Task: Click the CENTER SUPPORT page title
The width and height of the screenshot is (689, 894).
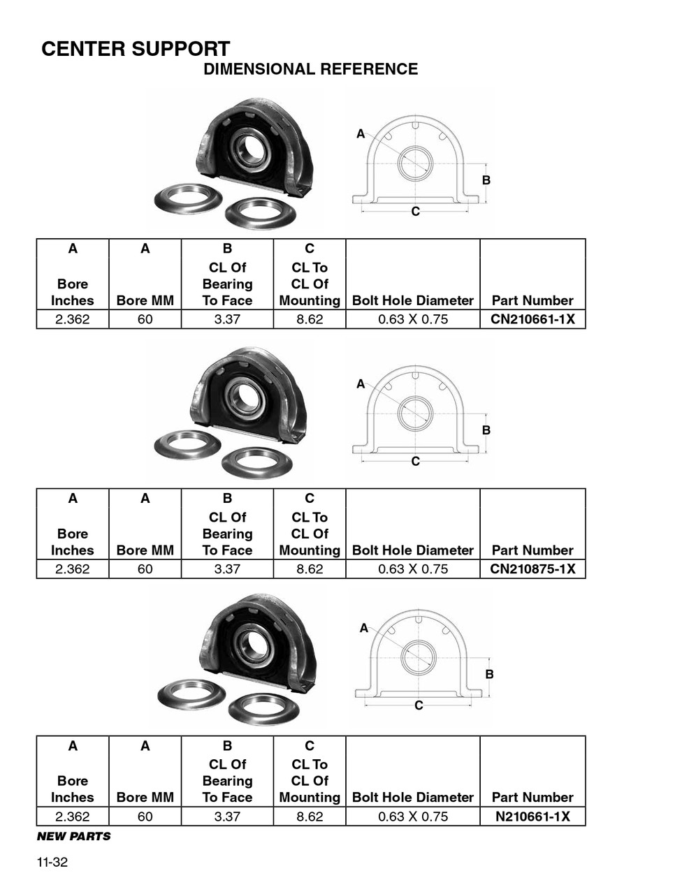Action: click(136, 49)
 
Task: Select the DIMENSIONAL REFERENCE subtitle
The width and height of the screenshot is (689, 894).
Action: click(310, 69)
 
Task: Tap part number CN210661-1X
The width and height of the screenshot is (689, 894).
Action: click(532, 319)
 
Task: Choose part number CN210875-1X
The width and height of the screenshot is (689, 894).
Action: click(532, 569)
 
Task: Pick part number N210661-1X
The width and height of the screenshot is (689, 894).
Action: click(532, 816)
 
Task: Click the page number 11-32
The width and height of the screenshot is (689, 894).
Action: click(52, 862)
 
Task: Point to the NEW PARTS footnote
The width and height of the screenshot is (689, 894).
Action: click(73, 836)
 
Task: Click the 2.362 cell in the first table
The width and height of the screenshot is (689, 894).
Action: click(73, 319)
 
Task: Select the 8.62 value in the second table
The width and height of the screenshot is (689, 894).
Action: click(310, 569)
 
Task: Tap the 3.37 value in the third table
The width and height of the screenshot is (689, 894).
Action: click(227, 816)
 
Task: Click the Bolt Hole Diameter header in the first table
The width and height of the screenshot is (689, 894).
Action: click(413, 300)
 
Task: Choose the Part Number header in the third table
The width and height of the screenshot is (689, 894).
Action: click(532, 797)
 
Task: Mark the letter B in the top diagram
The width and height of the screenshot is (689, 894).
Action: click(486, 180)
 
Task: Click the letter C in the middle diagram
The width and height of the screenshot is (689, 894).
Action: click(416, 461)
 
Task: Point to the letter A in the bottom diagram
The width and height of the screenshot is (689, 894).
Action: click(363, 628)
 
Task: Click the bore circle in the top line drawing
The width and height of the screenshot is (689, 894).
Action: click(415, 164)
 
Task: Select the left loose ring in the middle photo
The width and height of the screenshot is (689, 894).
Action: click(187, 444)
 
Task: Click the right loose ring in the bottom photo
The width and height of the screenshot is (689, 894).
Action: click(263, 708)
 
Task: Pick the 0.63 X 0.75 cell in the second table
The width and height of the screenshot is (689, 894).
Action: click(413, 569)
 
